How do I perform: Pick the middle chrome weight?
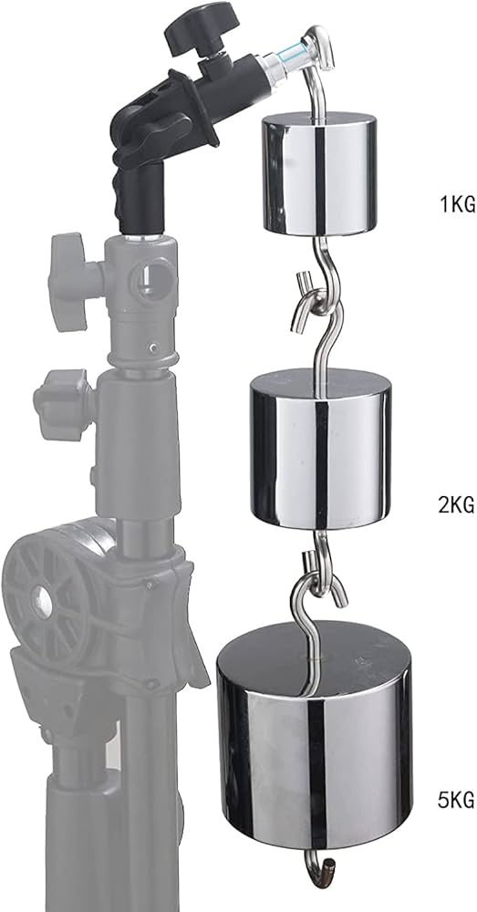point(320,456)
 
